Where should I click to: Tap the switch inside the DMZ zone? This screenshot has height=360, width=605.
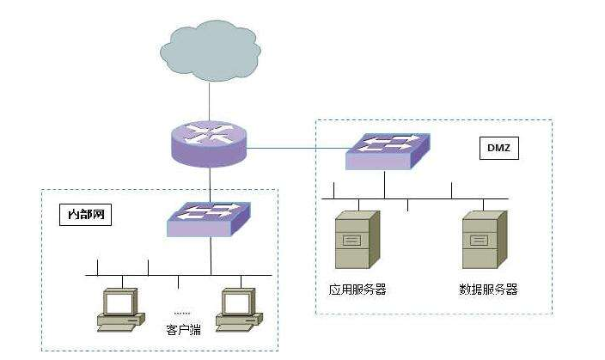coord(384,151)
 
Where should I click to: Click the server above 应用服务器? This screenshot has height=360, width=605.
coord(356,238)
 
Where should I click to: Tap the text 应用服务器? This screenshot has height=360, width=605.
coord(357,289)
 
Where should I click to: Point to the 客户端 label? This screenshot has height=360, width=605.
coord(182,329)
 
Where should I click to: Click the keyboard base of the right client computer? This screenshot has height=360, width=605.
coord(237,323)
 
